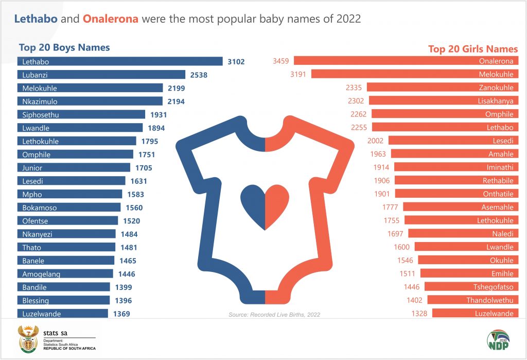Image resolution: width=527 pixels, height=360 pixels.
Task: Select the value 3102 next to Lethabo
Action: [236, 62]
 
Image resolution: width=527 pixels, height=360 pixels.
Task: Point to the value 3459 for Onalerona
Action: [281, 61]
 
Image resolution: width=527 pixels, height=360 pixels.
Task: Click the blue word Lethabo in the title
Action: [35, 19]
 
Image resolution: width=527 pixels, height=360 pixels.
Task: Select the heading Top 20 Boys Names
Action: [64, 48]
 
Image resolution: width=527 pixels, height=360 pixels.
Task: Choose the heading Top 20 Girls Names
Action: [473, 49]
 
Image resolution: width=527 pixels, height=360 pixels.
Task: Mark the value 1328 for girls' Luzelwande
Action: [419, 313]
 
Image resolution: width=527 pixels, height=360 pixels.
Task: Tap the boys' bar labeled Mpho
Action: [69, 195]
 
